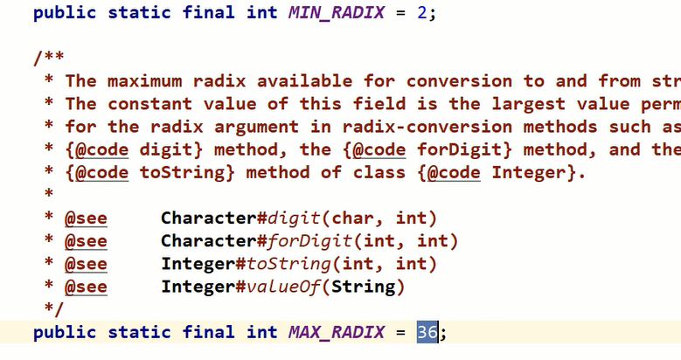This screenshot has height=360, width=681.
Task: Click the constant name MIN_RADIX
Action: [x=337, y=13]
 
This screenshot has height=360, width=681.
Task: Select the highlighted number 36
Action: [x=427, y=332]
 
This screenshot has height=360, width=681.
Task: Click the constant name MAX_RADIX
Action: [x=337, y=332]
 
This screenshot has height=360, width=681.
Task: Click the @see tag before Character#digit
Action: [x=86, y=218]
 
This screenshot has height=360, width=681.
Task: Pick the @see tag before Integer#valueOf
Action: [x=86, y=287]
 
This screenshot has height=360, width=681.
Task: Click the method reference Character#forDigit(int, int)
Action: [x=309, y=241]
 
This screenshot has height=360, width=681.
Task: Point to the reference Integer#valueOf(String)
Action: [x=283, y=287]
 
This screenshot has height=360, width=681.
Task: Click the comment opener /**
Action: [x=48, y=59]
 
